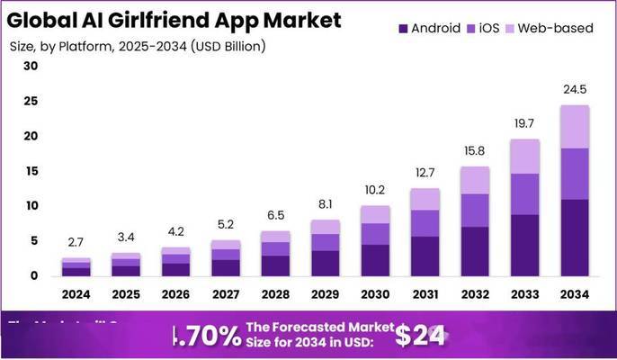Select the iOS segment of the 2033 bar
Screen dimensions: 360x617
(526, 193)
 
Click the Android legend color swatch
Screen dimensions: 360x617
(402, 28)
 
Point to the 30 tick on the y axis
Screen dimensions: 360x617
(31, 66)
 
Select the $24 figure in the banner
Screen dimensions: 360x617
(419, 335)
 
